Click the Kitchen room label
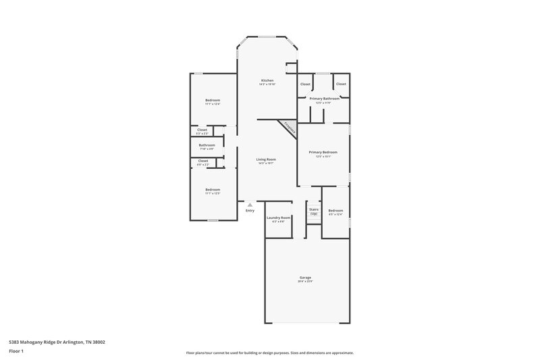(267, 80)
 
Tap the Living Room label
(266, 159)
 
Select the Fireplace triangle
(288, 128)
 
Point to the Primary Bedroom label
(323, 153)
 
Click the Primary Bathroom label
(324, 99)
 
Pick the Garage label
(305, 278)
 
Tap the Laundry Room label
(278, 217)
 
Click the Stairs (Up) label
(314, 211)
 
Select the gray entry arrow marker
(250, 204)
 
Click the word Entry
(250, 211)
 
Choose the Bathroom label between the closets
(207, 145)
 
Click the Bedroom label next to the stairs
(335, 211)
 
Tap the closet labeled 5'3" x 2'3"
(202, 133)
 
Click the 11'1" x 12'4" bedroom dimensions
(213, 104)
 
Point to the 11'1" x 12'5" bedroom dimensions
(213, 193)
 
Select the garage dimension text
(305, 282)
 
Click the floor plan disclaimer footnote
(269, 353)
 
